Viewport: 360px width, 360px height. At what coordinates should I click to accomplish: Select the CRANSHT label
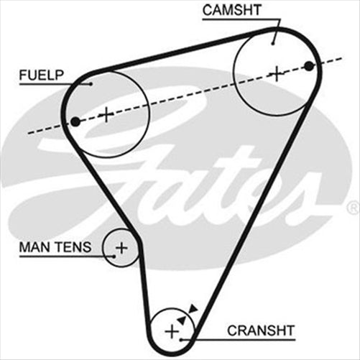pos(261,331)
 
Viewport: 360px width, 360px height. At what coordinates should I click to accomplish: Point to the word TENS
pos(75,247)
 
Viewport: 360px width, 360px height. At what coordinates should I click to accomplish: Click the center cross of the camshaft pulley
pos(277,73)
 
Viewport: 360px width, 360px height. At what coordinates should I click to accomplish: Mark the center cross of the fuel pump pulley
pos(106,114)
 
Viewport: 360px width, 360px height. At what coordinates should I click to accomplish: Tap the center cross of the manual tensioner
pos(121,249)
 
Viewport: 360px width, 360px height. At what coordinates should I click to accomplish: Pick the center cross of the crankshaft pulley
pos(171,331)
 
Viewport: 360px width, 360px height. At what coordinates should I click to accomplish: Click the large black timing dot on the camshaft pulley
pos(309,66)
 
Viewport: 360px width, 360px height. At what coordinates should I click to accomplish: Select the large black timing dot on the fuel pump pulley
pos(75,121)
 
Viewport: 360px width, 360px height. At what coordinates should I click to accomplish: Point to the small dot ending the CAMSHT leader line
pos(274,43)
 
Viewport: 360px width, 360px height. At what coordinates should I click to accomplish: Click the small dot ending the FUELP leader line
pos(91,84)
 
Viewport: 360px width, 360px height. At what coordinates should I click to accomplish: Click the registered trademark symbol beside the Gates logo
pos(352,208)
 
